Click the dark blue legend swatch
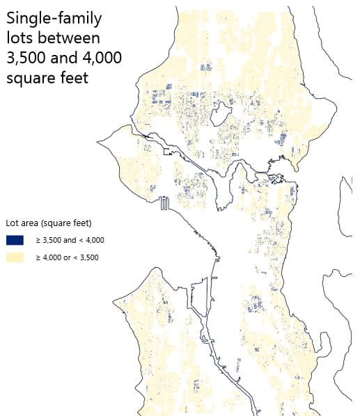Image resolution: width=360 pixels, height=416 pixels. pyautogui.click(x=15, y=240)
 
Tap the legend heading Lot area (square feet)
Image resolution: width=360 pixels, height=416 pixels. pyautogui.click(x=49, y=223)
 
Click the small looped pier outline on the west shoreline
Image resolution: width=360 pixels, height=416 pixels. pyautogui.click(x=164, y=203)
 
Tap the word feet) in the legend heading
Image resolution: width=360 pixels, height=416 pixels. pyautogui.click(x=81, y=223)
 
